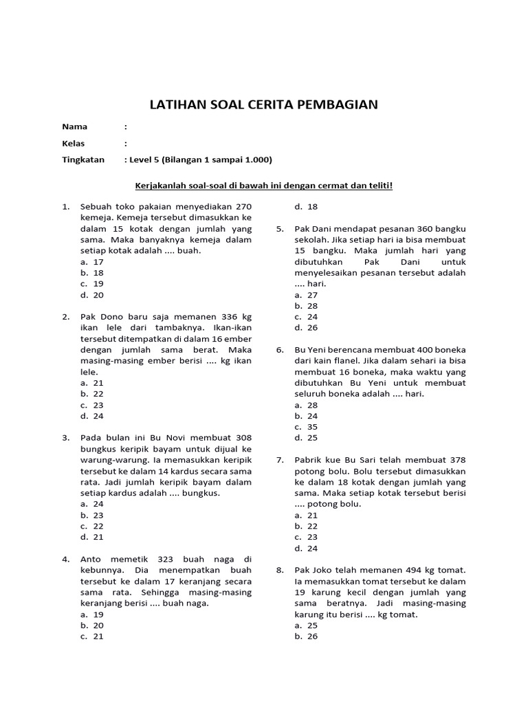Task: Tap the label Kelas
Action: [x=73, y=144]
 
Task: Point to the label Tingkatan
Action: [x=83, y=160]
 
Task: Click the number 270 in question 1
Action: [x=244, y=206]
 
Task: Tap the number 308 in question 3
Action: [x=243, y=438]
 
